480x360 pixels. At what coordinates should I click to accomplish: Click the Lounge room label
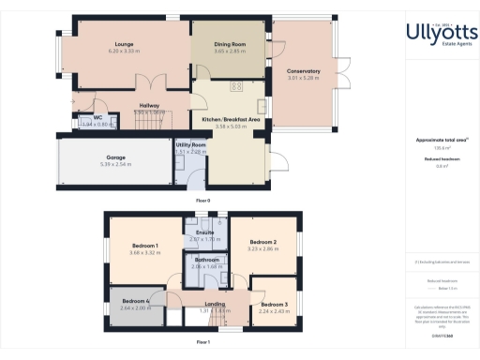122,44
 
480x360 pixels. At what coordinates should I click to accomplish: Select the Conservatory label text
304,70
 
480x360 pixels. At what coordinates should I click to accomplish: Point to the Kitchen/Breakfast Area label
231,120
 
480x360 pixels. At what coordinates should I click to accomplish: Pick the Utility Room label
190,145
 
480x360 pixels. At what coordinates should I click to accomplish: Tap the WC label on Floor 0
97,118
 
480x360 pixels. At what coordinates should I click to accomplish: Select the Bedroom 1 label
143,246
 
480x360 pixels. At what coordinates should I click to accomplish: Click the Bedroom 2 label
254,241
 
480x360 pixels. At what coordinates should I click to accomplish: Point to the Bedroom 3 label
274,305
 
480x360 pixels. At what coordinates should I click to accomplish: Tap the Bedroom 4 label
136,301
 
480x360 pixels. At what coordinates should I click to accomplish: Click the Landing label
215,304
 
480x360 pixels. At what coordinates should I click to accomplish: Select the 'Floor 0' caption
202,202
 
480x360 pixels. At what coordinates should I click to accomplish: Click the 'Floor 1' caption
202,343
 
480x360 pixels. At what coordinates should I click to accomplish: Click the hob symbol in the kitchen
236,85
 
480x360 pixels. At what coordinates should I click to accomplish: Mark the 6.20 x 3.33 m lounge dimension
122,52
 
